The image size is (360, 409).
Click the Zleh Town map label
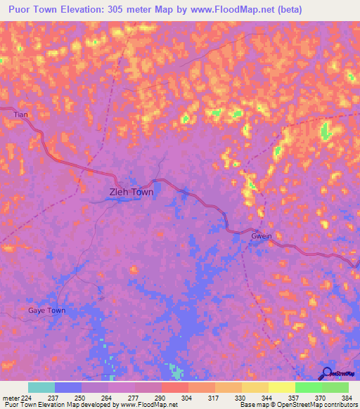click(x=131, y=191)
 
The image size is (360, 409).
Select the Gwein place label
click(x=261, y=237)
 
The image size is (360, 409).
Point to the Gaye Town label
click(x=46, y=310)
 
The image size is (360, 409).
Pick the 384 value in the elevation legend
click(x=346, y=396)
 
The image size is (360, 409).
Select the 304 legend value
click(x=188, y=396)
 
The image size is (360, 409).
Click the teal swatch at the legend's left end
click(x=41, y=387)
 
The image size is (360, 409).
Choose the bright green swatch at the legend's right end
click(x=335, y=387)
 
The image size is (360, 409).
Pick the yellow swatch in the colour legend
click(x=282, y=387)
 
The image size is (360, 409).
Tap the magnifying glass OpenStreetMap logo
click(x=327, y=372)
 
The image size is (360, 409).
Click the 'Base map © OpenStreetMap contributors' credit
click(x=298, y=405)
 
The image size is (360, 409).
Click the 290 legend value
click(x=161, y=396)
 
